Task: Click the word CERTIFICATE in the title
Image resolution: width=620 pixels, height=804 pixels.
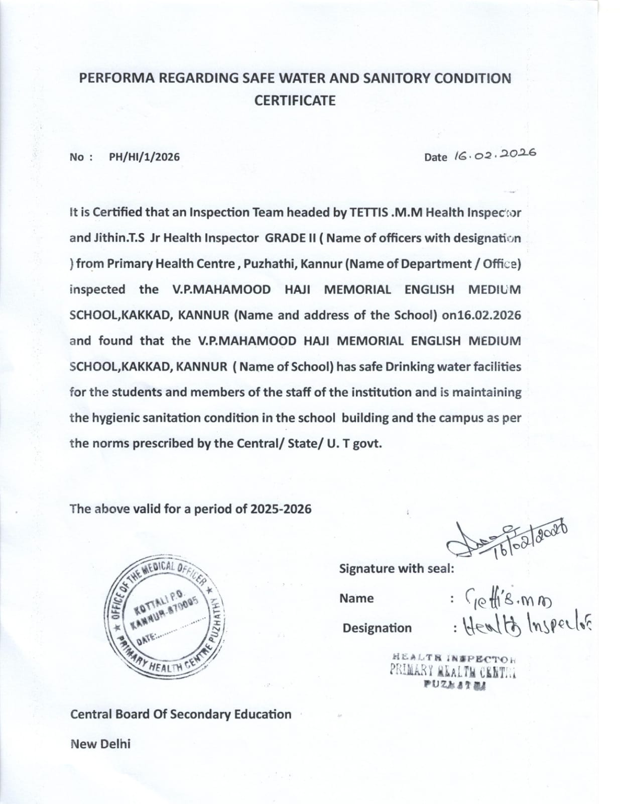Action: (295, 100)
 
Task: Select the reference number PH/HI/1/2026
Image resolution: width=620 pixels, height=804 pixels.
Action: (144, 157)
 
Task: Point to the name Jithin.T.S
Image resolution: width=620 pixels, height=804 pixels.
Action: (116, 238)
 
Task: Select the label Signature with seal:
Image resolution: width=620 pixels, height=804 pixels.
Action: (397, 569)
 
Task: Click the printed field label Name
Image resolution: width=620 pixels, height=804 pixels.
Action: (356, 598)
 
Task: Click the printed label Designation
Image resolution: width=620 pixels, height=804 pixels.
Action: (377, 628)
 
